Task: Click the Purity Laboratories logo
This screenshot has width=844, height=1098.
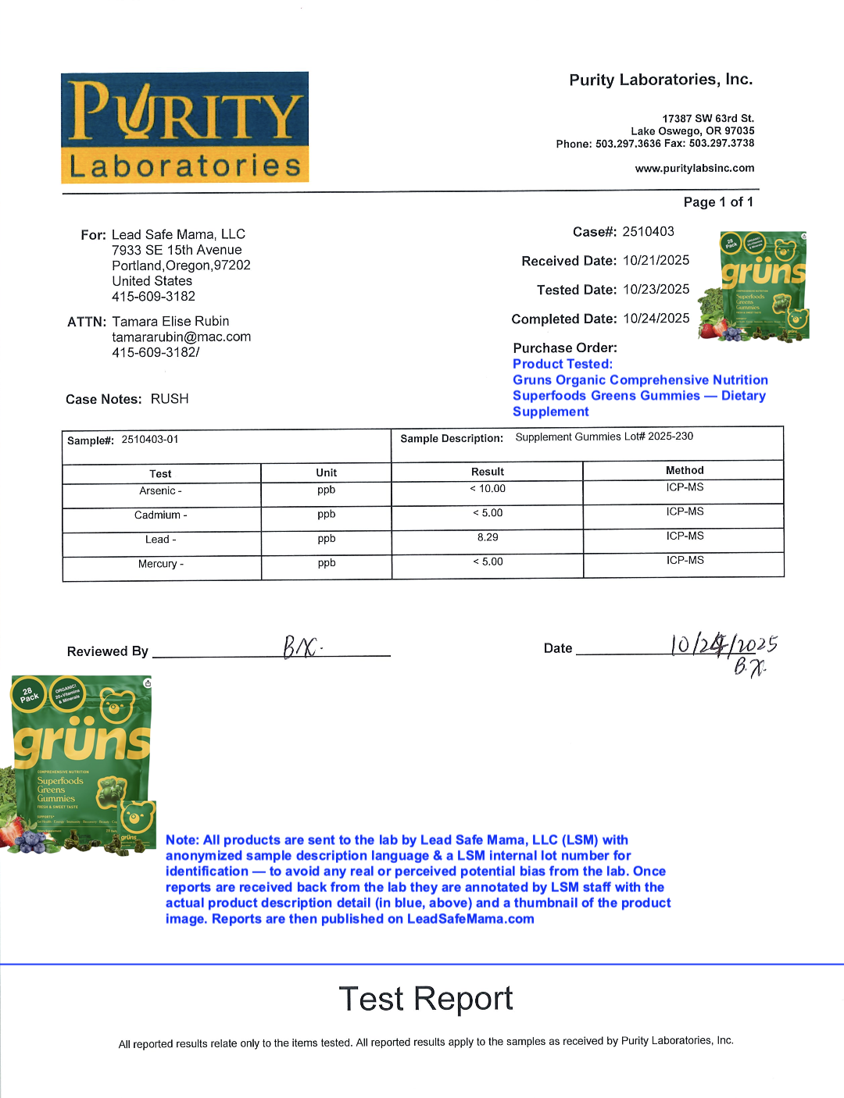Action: (x=185, y=127)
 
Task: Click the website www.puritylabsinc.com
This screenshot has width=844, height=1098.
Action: (x=694, y=168)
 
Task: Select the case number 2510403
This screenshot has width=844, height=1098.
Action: (x=648, y=231)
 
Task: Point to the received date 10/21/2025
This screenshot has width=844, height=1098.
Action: (x=656, y=260)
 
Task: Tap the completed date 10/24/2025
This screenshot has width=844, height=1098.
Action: (x=656, y=318)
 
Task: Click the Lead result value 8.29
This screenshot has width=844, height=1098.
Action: (x=488, y=537)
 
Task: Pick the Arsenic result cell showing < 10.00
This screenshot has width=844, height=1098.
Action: (x=488, y=489)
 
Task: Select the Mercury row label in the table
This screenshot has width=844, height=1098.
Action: (x=161, y=564)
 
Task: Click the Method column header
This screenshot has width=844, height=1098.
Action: (x=685, y=470)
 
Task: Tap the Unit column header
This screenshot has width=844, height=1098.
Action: (x=327, y=472)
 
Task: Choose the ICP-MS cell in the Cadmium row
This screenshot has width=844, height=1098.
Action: (x=685, y=512)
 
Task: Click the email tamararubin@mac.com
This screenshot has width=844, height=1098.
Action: (x=181, y=337)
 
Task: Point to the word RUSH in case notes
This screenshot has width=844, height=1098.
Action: (x=170, y=399)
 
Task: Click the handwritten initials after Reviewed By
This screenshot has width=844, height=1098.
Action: (x=302, y=647)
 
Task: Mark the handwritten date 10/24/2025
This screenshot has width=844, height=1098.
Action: (x=723, y=646)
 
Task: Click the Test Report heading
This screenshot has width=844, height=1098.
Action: (x=426, y=999)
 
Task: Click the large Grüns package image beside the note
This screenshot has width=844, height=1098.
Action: (x=82, y=765)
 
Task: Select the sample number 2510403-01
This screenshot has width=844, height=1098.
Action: (x=150, y=440)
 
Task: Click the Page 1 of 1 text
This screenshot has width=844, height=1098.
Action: (x=718, y=202)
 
